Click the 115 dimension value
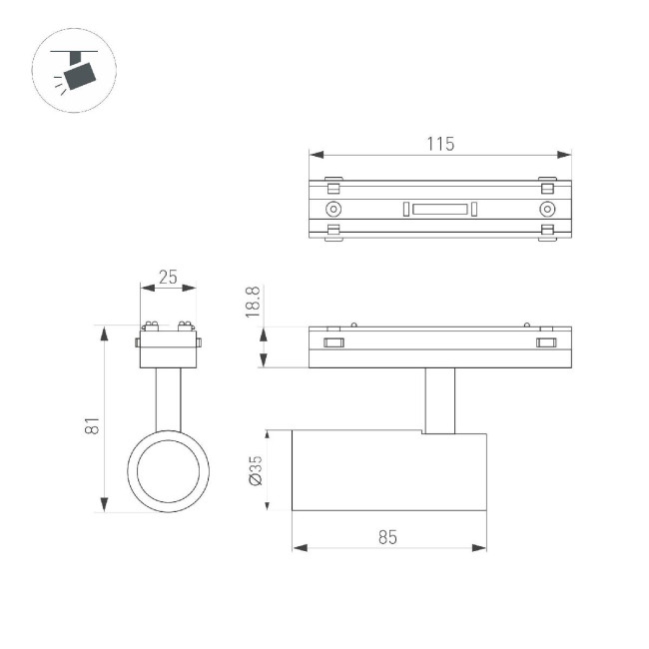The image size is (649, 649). [x=440, y=144]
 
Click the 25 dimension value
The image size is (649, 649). [x=168, y=278]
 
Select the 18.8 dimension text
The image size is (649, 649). [x=253, y=303]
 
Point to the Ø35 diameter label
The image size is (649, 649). [x=255, y=470]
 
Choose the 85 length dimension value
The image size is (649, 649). [x=388, y=537]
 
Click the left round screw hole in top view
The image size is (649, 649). [x=332, y=209]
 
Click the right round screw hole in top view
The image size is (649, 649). [x=546, y=209]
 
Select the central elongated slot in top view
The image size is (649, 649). [x=439, y=209]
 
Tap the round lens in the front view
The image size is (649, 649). [x=168, y=472]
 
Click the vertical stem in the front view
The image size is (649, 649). [x=168, y=399]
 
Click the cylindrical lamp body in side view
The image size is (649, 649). [x=389, y=471]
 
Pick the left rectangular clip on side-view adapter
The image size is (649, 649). [x=332, y=343]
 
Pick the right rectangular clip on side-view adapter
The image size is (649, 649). [x=546, y=343]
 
